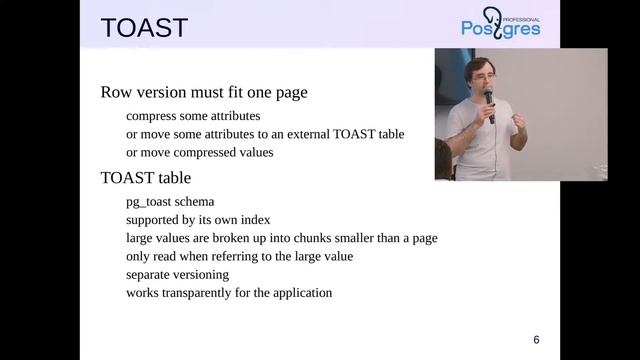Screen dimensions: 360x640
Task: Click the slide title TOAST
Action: pyautogui.click(x=144, y=27)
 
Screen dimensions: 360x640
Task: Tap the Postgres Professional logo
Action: pyautogui.click(x=500, y=23)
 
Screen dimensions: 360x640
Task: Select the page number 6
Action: pyautogui.click(x=536, y=339)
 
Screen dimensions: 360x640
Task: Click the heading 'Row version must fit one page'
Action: pyautogui.click(x=204, y=92)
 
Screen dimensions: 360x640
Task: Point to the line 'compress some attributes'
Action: pyautogui.click(x=193, y=116)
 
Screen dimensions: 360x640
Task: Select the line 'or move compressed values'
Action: pyautogui.click(x=199, y=152)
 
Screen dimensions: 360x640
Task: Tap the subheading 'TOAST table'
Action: pyautogui.click(x=146, y=178)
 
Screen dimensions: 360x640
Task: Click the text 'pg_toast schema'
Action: pyautogui.click(x=170, y=202)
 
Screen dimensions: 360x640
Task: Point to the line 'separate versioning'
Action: pyautogui.click(x=177, y=274)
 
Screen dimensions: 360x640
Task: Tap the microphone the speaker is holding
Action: pyautogui.click(x=490, y=101)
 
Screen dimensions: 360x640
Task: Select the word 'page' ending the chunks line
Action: pyautogui.click(x=424, y=238)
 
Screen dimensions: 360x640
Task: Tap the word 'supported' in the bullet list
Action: pyautogui.click(x=154, y=220)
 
